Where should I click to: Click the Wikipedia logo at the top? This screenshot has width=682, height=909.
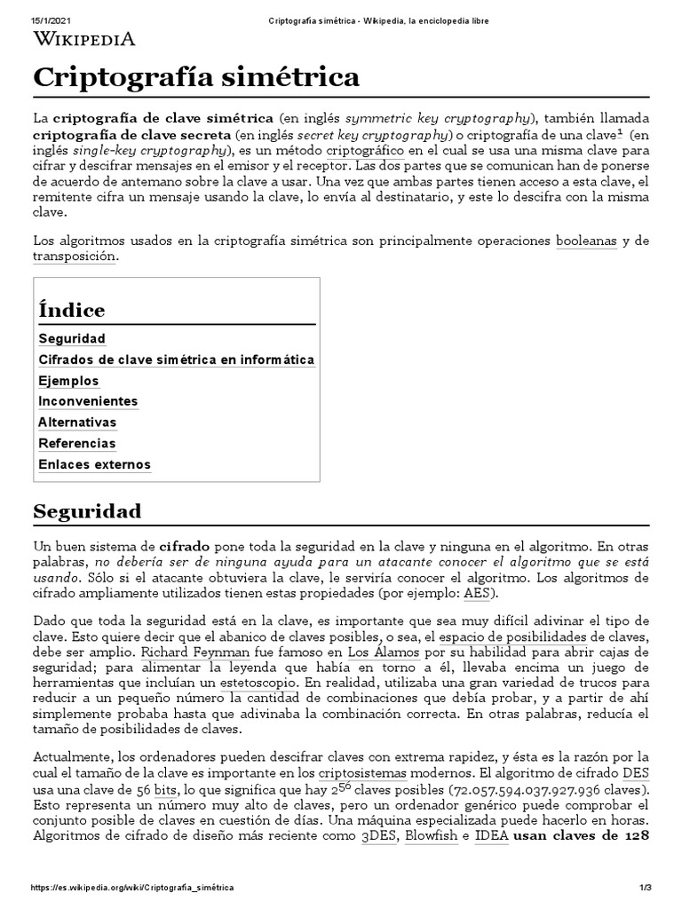pos(84,38)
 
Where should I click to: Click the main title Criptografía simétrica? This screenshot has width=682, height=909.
pos(196,77)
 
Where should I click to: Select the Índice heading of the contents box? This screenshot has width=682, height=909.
pos(72,310)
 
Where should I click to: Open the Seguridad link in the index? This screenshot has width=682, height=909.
pos(72,338)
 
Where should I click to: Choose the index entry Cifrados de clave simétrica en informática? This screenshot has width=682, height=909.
pos(177,360)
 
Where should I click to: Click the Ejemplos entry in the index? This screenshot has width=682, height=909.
pos(68,380)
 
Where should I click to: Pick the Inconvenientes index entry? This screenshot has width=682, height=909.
pos(88,401)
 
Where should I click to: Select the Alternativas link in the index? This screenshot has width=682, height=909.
pos(77,422)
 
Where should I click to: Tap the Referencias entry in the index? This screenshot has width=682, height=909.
pos(77,443)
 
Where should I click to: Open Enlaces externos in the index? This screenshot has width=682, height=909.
pos(95,464)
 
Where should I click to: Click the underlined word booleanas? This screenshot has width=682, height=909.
pos(586,241)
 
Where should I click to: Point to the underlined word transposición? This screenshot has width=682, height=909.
pos(74,256)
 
